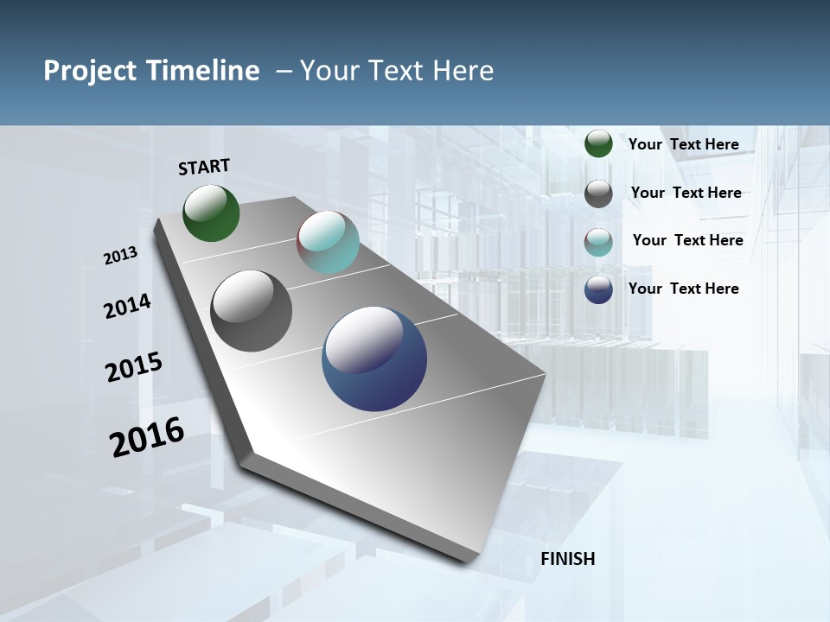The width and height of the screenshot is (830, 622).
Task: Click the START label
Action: pos(204,167)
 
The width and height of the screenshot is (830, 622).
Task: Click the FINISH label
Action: pos(568,559)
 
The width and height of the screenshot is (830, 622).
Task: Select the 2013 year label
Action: pos(121,256)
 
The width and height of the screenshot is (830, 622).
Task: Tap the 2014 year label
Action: pos(128,306)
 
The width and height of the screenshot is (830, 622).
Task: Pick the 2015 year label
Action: pos(134,366)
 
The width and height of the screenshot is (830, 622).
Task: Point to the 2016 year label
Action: pos(147,436)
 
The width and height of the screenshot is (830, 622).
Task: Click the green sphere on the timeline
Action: pos(211,213)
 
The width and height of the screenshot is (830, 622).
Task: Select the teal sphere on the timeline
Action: pos(328,242)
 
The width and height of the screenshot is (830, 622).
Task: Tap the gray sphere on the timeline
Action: pos(251,311)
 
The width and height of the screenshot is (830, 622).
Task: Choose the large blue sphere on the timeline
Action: pos(373,359)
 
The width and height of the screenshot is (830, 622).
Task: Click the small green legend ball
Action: pos(598,143)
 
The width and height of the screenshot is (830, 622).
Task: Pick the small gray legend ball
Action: pos(598,194)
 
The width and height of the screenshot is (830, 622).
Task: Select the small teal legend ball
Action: pos(598,242)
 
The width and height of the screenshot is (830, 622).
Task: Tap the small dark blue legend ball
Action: pos(598,289)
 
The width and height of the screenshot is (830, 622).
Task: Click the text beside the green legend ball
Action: pos(683,144)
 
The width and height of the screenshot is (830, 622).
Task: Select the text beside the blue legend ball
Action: pos(683,289)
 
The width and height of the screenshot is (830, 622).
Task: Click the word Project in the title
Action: pos(90,71)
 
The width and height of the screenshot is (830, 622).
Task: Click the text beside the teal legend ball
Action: pos(687,240)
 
